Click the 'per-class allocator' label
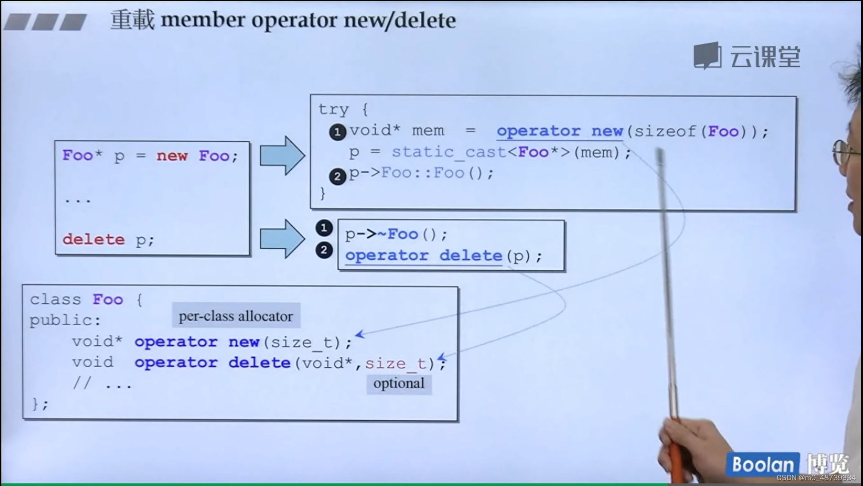[236, 316]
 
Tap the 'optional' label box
[399, 383]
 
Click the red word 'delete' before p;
[93, 239]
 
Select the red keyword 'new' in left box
[172, 156]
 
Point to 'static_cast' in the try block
[449, 152]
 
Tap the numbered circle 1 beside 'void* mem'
[338, 132]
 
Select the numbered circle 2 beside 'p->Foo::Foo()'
[338, 176]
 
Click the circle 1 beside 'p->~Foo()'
[324, 228]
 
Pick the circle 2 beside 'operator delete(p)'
[324, 250]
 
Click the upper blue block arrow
[282, 156]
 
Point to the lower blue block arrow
[282, 238]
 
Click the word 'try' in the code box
[333, 109]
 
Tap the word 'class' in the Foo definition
[55, 299]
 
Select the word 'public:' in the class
[65, 320]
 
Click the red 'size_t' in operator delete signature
[396, 363]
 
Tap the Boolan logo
[763, 464]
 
